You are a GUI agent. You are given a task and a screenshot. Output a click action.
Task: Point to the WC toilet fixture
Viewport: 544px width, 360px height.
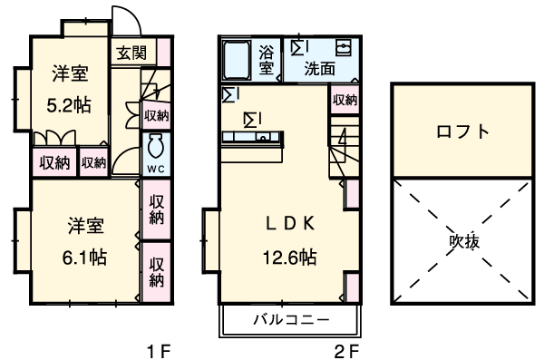tap(155, 147)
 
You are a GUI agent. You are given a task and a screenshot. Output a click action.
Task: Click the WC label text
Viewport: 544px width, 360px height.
tap(155, 170)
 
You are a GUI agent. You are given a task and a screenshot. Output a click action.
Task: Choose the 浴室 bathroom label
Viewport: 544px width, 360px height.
tap(267, 59)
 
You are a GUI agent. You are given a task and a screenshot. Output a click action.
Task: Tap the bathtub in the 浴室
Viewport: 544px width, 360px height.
tap(238, 60)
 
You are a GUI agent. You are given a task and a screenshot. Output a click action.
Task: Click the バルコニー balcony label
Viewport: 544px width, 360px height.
tap(290, 320)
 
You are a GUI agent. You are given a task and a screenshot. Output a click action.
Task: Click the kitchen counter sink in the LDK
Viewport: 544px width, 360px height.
tap(263, 137)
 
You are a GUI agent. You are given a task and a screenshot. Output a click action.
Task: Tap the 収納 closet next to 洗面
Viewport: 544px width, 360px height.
tap(344, 100)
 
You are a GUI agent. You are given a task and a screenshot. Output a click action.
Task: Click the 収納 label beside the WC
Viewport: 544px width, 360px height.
tap(156, 114)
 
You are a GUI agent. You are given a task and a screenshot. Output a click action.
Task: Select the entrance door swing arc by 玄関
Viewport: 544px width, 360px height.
tap(125, 20)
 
